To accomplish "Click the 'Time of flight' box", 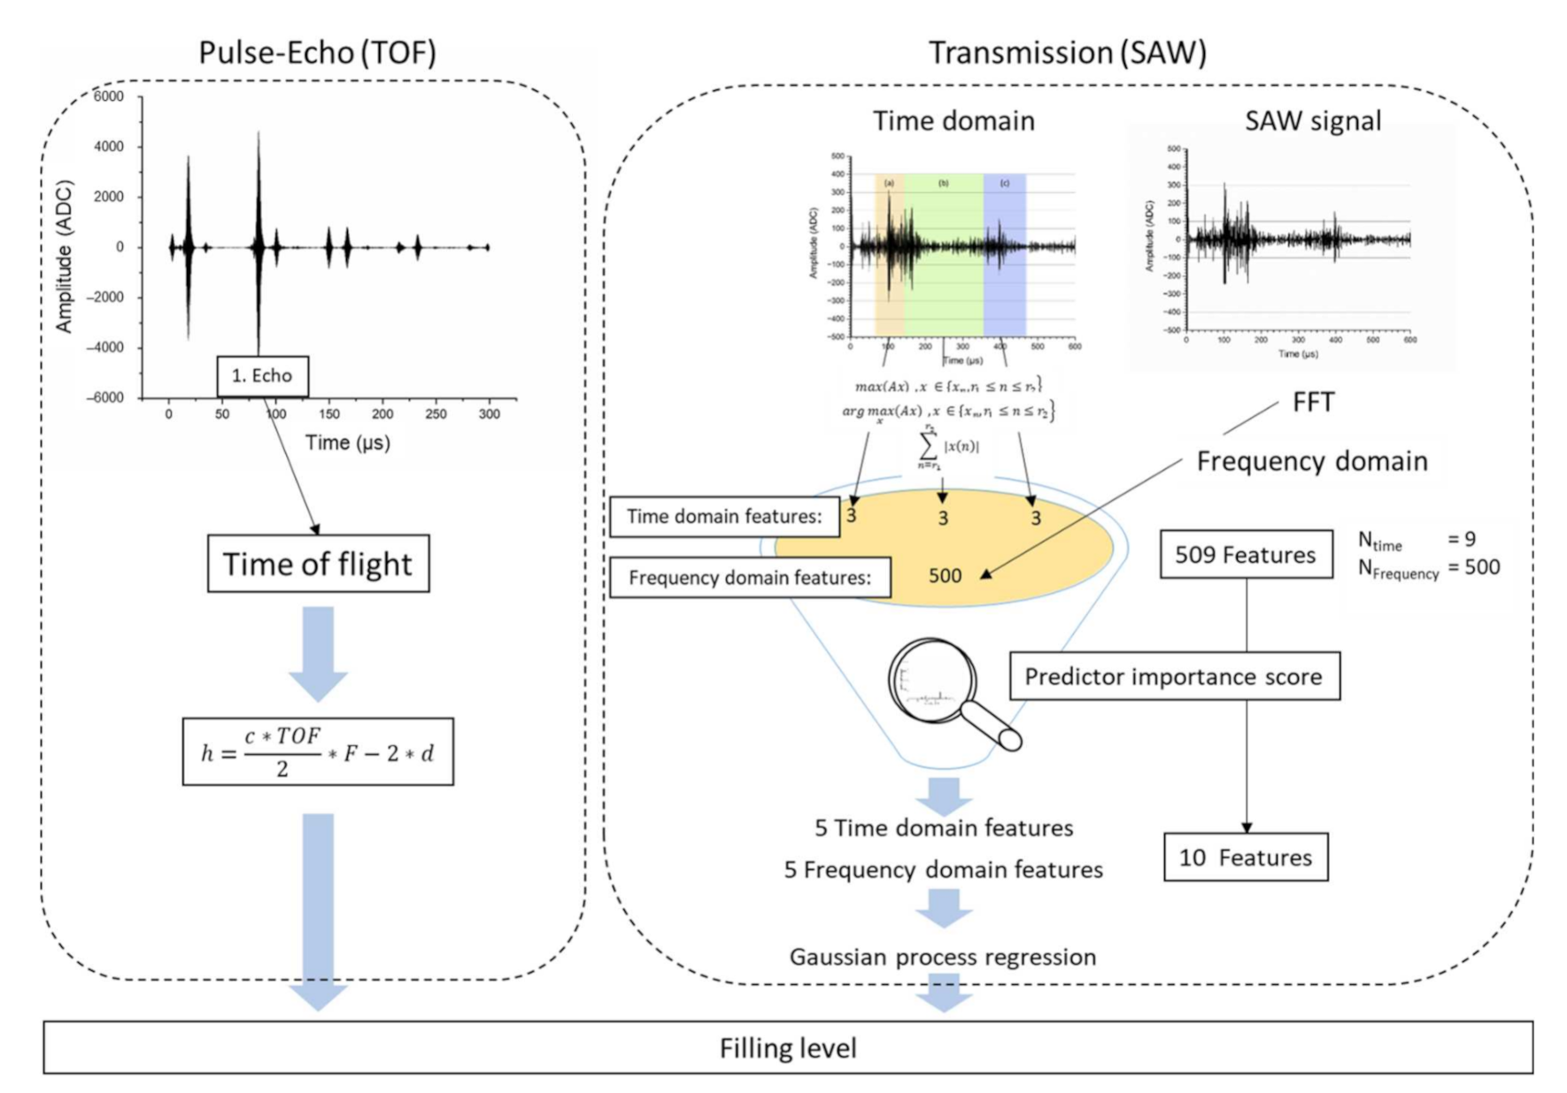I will (318, 564).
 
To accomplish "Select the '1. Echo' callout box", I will (262, 375).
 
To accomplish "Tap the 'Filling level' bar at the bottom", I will (787, 1048).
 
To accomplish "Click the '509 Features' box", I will (1246, 555).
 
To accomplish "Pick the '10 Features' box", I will (1246, 857).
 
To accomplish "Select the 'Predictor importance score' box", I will (1174, 676).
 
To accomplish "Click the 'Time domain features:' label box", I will (724, 516).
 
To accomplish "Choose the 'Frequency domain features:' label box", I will (750, 577).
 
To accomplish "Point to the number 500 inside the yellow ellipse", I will (945, 575).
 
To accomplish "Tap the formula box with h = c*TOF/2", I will (318, 752).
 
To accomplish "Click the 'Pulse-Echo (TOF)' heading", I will (317, 53).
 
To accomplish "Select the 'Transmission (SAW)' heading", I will (1067, 53).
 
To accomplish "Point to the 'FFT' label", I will (1312, 402).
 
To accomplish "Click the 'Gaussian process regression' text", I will (943, 957).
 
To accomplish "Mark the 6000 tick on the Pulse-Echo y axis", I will (109, 96).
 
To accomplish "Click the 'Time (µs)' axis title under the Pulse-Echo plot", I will (348, 442).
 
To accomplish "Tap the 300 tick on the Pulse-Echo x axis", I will (489, 413).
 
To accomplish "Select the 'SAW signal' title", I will (1312, 120).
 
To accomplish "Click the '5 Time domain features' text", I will (944, 827).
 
